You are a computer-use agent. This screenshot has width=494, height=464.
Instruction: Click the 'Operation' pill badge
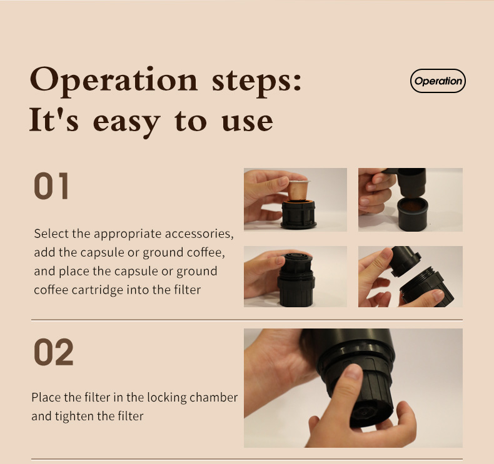438,81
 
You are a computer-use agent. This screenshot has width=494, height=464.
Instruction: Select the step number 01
51,186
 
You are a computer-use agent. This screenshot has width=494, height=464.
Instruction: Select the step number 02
53,352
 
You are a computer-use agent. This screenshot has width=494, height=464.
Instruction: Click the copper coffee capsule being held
298,189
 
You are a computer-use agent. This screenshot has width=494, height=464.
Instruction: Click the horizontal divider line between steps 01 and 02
246,320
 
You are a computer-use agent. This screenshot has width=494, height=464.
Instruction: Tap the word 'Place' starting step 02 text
47,397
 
